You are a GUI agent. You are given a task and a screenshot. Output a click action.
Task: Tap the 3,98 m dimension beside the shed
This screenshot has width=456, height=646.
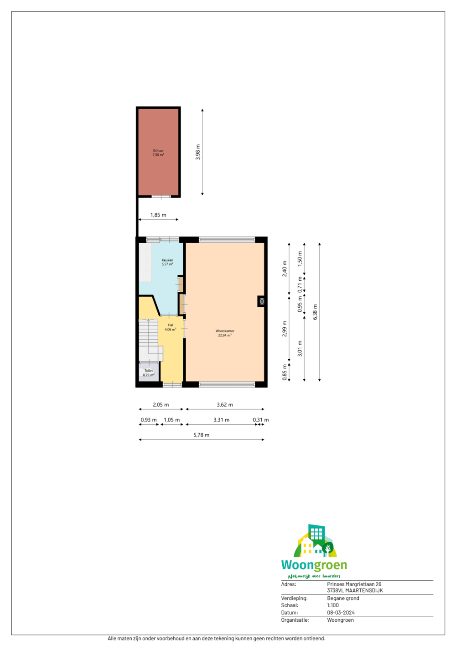[x=198, y=152]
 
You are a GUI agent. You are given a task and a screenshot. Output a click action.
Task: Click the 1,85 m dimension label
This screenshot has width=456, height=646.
[x=158, y=215]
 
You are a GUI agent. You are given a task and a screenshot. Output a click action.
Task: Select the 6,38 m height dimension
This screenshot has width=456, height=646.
[x=315, y=312]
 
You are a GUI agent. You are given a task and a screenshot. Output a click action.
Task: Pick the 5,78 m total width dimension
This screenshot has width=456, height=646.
[x=202, y=435]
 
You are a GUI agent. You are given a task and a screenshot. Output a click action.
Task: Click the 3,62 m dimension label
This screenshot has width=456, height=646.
[x=225, y=404]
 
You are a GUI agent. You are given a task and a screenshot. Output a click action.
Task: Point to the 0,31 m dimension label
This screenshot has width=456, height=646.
[x=261, y=420]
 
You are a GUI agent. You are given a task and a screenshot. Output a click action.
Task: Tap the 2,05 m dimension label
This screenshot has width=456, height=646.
[x=161, y=404]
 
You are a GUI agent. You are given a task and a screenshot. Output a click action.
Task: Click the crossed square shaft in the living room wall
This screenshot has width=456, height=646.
[x=262, y=302]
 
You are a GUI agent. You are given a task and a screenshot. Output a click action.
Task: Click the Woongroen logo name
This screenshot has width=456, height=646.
[x=314, y=565]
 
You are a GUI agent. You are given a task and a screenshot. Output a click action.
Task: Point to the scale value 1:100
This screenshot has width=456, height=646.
[x=333, y=605]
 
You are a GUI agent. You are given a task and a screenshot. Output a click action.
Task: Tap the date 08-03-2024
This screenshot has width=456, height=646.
[x=341, y=613]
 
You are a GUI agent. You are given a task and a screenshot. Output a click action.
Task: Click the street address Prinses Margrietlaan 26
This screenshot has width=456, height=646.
[x=354, y=584]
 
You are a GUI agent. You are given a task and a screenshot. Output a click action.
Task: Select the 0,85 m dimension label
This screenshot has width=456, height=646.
[x=285, y=373]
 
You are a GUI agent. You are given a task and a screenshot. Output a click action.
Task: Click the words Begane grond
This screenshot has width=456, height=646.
[x=343, y=599]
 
